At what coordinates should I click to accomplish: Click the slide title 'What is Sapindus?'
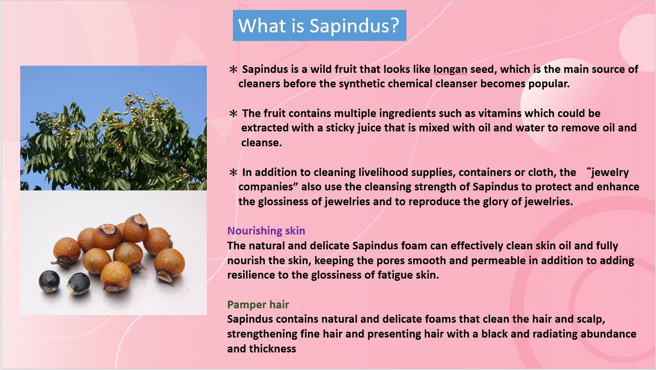coord(319,26)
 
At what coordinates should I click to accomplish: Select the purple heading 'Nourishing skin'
coord(266,231)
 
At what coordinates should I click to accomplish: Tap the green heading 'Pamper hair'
coord(258,305)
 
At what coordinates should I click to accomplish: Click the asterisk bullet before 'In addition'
coord(233,172)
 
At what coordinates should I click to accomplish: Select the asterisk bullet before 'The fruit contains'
coord(233,113)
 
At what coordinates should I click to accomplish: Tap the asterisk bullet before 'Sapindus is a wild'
coord(233,69)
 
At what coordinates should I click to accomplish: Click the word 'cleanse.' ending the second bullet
coord(262,143)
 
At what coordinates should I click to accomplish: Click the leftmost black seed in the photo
coord(49,281)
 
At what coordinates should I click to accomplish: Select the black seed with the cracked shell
coord(78,284)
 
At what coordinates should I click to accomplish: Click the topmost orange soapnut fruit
coord(136,227)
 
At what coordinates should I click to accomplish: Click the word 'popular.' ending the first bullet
coord(549,84)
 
